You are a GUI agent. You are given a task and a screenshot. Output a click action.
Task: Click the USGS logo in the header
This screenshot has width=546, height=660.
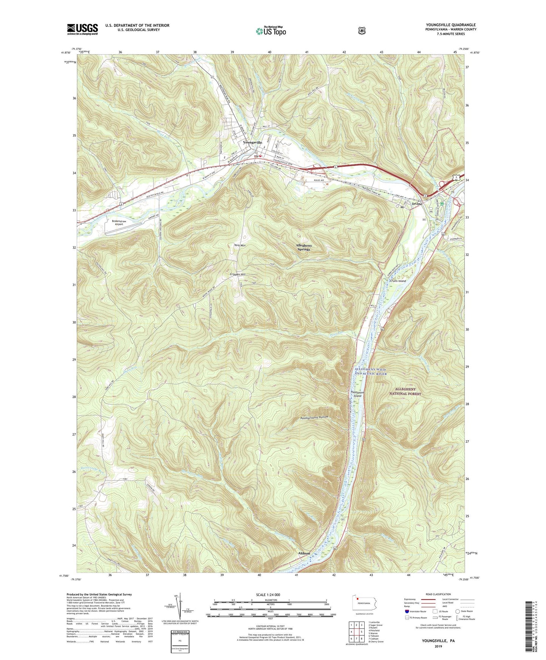point(82,29)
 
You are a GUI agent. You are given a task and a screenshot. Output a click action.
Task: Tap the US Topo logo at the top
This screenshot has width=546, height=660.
point(271,31)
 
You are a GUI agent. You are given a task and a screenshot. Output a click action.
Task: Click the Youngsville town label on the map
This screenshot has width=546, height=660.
point(252,142)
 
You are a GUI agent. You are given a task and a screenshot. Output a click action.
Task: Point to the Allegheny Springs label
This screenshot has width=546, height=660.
point(303,247)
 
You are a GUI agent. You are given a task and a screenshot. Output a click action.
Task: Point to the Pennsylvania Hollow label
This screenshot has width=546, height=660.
point(314,418)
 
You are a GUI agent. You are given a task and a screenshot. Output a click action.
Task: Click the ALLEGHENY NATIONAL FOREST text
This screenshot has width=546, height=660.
point(405,391)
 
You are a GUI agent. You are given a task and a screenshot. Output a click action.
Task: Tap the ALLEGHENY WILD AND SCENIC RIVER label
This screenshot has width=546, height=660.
point(371,371)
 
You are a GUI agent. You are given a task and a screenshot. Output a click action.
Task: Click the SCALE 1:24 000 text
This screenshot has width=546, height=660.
point(268,595)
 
